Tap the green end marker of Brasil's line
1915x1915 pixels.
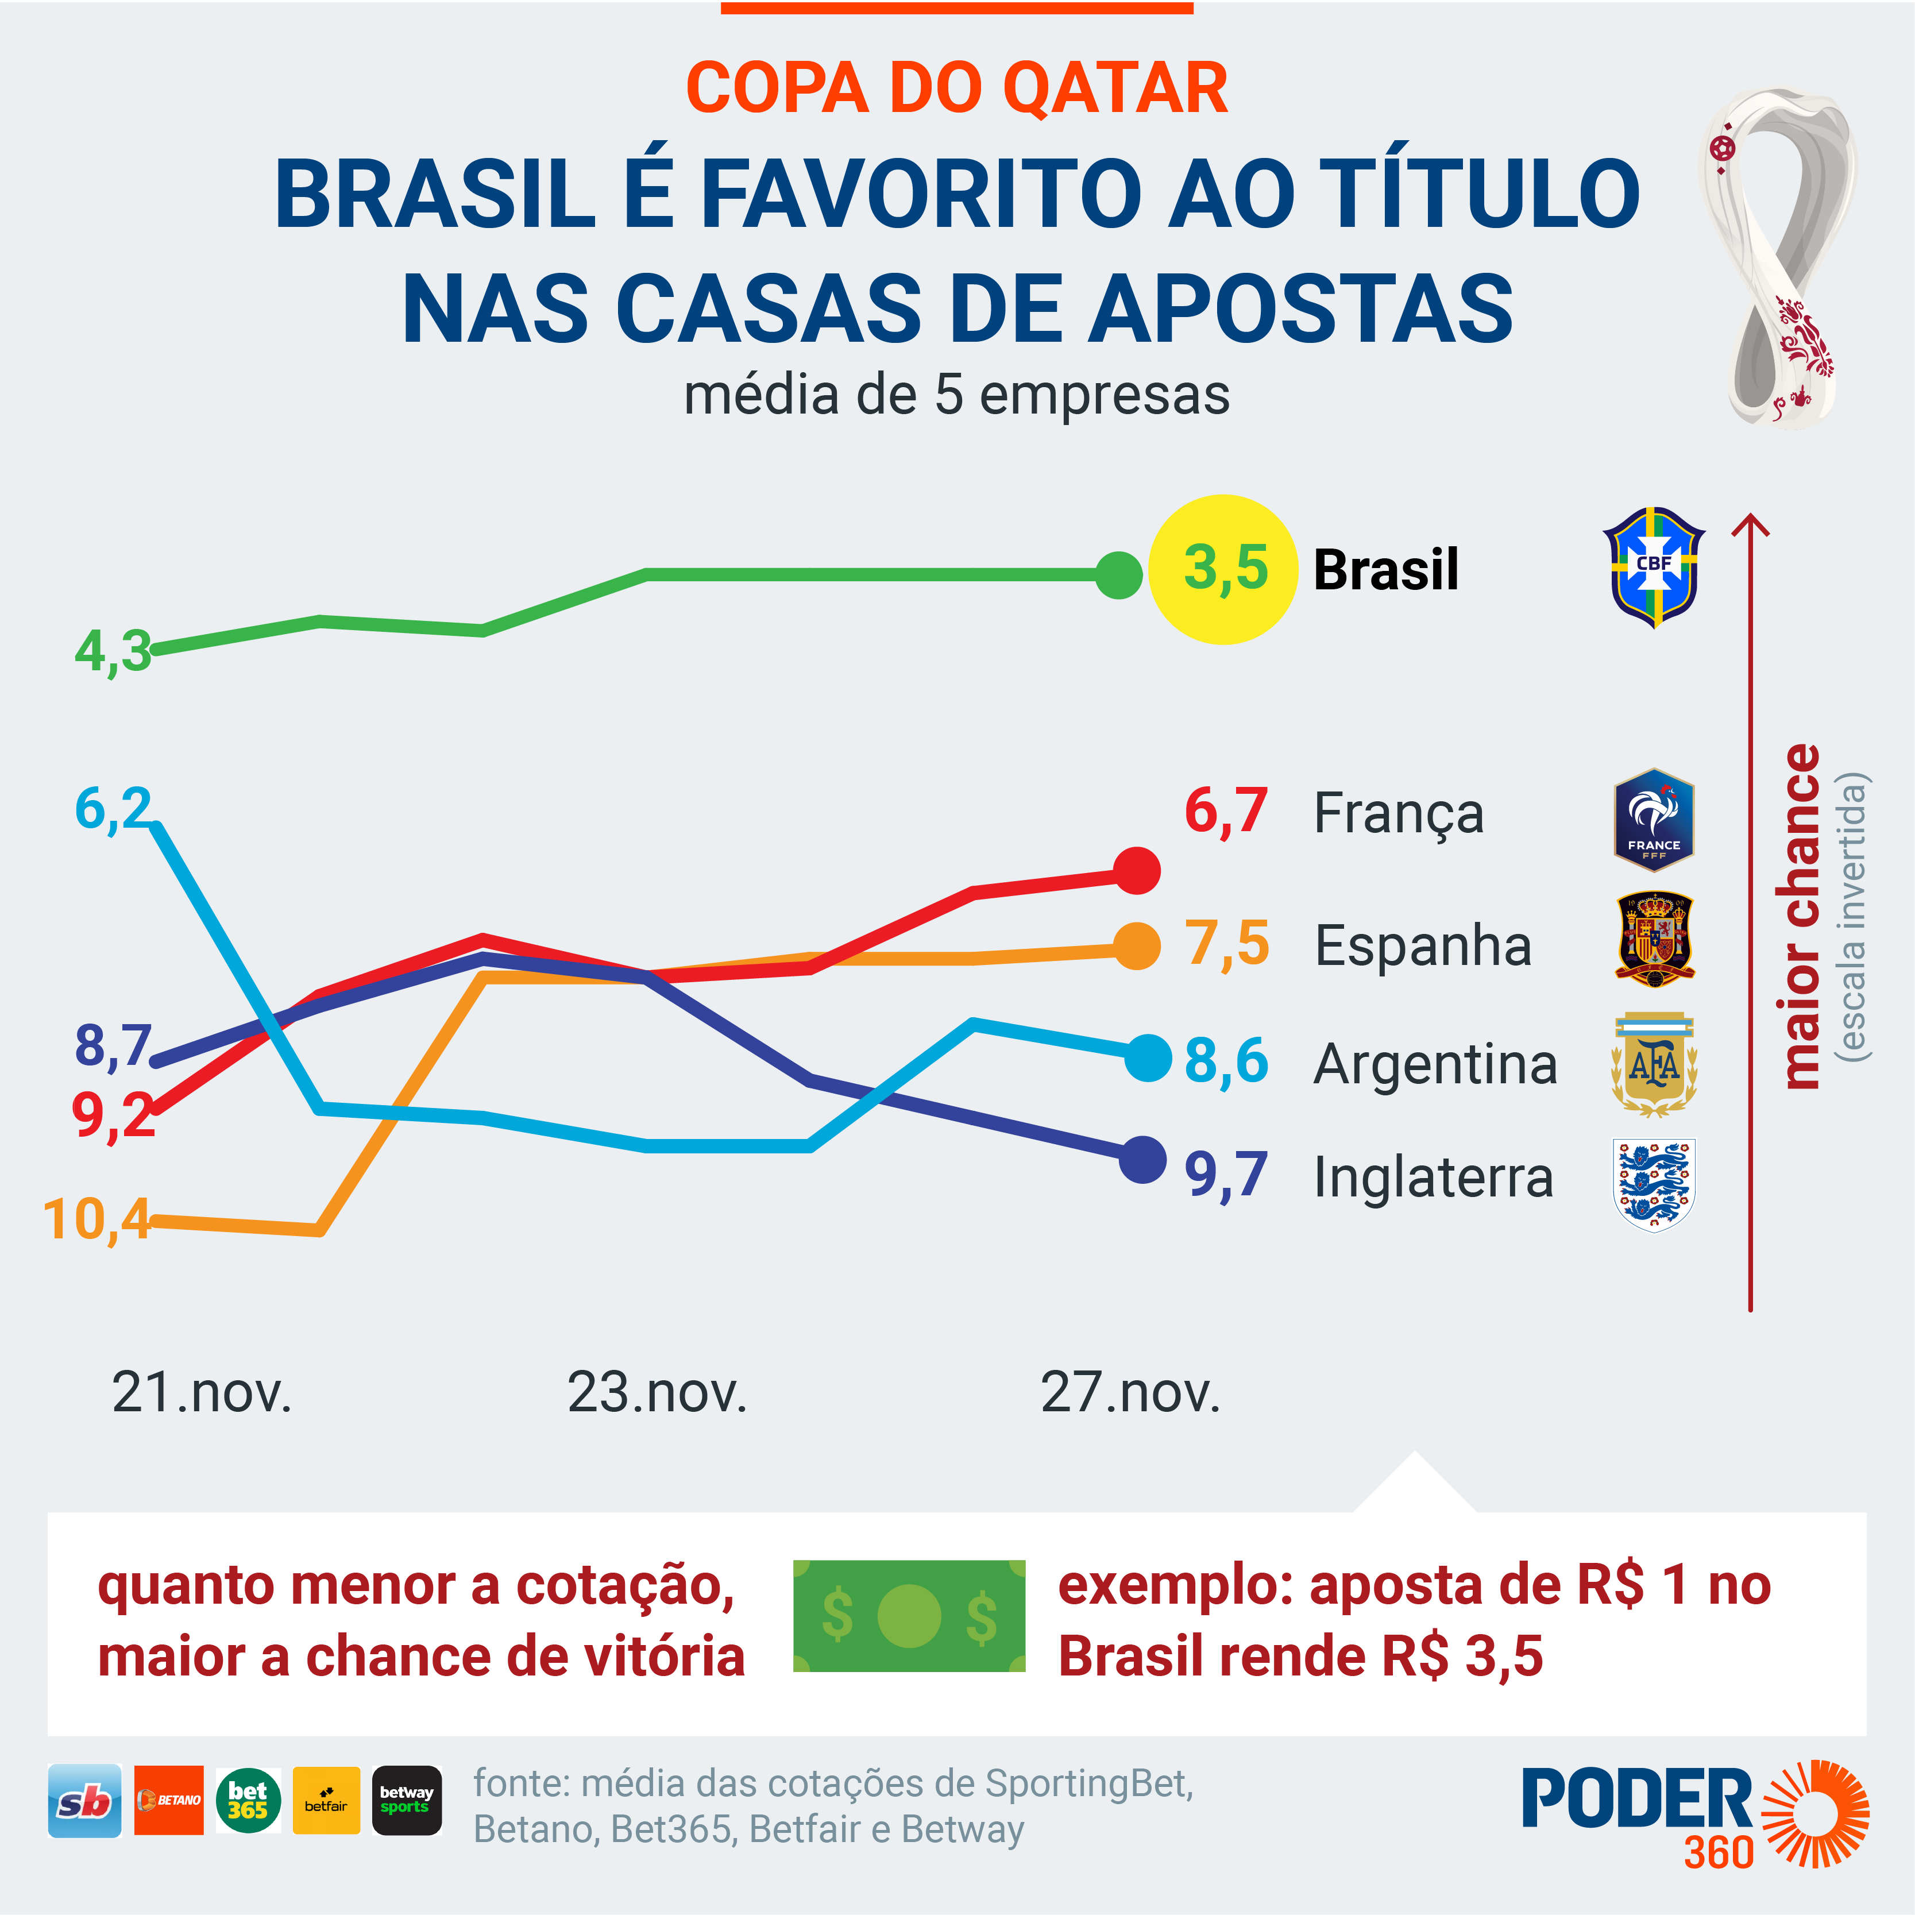tap(1119, 575)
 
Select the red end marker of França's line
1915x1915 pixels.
tap(1137, 870)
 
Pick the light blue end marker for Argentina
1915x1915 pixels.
tap(1149, 1057)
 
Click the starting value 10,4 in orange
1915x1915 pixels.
tap(97, 1219)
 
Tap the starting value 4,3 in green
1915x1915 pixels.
tap(113, 651)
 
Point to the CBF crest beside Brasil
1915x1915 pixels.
tap(1653, 567)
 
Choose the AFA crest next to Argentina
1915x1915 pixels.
tap(1653, 1064)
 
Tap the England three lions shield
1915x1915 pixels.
tap(1653, 1184)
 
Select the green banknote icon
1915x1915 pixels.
tap(909, 1616)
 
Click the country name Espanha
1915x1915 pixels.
tap(1422, 945)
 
